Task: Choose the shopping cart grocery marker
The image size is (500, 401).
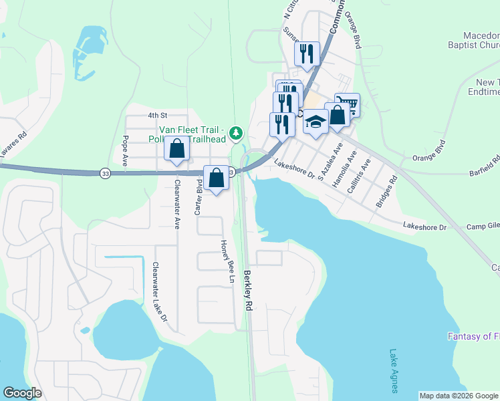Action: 347,104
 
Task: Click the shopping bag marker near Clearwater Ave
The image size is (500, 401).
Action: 176,149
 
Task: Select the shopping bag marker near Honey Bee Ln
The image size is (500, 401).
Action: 216,178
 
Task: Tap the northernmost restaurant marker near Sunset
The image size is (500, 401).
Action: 307,53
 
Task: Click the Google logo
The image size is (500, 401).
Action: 23,392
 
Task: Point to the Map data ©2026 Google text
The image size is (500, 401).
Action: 458,396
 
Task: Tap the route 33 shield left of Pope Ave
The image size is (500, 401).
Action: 105,173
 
